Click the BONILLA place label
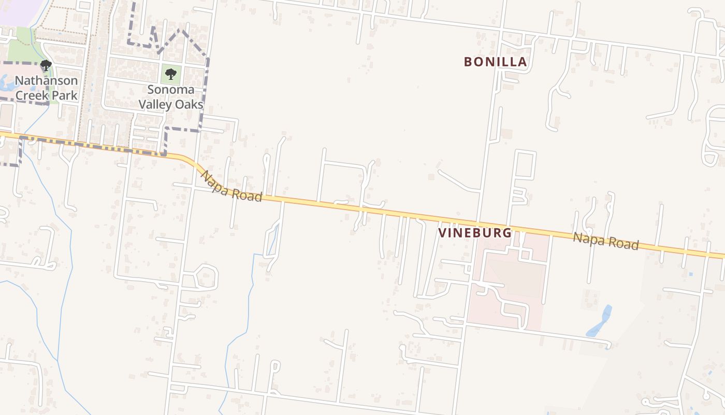pyautogui.click(x=495, y=62)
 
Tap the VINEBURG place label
pyautogui.click(x=475, y=233)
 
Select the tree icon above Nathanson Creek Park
pyautogui.click(x=46, y=65)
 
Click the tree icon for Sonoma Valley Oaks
pyautogui.click(x=171, y=75)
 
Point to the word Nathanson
pyautogui.click(x=46, y=80)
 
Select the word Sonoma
pyautogui.click(x=170, y=90)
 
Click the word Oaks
pyautogui.click(x=190, y=104)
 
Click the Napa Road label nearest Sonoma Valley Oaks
pyautogui.click(x=231, y=187)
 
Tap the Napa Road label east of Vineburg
pyautogui.click(x=606, y=241)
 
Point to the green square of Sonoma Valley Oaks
pyautogui.click(x=171, y=75)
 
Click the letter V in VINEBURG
pyautogui.click(x=443, y=233)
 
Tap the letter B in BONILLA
pyautogui.click(x=468, y=62)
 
